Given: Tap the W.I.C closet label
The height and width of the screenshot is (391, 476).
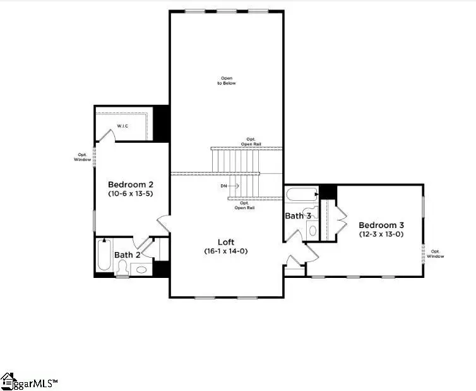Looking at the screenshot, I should click(122, 126).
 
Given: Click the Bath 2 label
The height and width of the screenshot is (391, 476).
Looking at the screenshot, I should click(128, 255).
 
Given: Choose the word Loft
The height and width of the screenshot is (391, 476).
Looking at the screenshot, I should click(227, 241).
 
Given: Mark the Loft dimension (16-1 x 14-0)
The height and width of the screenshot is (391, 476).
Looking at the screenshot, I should click(227, 251).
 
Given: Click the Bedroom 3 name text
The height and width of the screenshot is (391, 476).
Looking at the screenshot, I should click(381, 225).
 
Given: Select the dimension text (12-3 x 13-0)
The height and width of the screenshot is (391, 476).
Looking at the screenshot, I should click(381, 234).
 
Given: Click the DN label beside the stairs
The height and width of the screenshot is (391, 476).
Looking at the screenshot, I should click(224, 186).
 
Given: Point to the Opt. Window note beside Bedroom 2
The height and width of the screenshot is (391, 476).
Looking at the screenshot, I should click(81, 157).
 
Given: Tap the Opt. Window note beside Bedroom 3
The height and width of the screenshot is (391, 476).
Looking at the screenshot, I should click(436, 254).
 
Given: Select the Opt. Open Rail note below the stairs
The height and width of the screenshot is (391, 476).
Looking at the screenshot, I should click(244, 205).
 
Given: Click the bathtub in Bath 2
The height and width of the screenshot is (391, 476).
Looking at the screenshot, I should click(104, 255).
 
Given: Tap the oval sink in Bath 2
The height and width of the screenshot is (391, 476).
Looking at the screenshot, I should click(141, 270).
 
